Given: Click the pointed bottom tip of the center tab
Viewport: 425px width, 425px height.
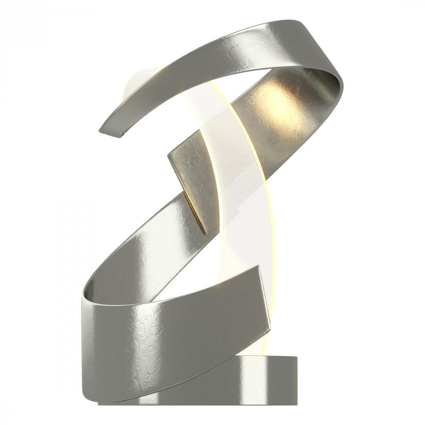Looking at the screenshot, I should (x=207, y=233).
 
